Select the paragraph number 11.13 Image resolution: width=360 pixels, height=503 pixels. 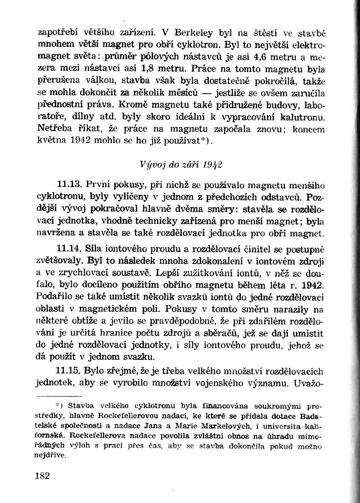[69, 184]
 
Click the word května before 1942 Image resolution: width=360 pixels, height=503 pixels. [51, 141]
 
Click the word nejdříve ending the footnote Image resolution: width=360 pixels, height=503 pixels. [51, 455]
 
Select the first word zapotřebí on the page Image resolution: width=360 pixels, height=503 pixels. [57, 32]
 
